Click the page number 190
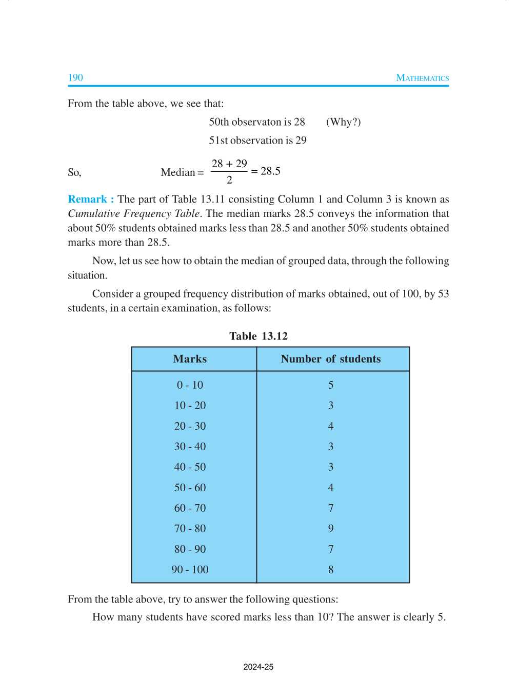[x=75, y=77]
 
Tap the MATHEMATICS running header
[x=422, y=78]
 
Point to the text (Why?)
[x=343, y=122]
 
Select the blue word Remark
[x=87, y=199]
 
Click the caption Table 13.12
[x=258, y=336]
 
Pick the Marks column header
[x=190, y=359]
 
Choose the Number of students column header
[x=331, y=359]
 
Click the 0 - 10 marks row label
[x=190, y=385]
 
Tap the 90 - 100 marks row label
[x=190, y=569]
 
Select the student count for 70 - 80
[x=331, y=528]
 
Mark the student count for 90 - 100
[x=331, y=569]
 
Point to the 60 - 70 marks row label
[x=190, y=508]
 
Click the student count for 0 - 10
[x=331, y=385]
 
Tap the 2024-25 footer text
[x=258, y=667]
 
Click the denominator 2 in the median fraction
[x=229, y=179]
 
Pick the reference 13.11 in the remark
[x=212, y=199]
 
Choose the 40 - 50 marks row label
[x=190, y=467]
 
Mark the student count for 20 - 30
[x=331, y=426]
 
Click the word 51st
[x=218, y=140]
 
